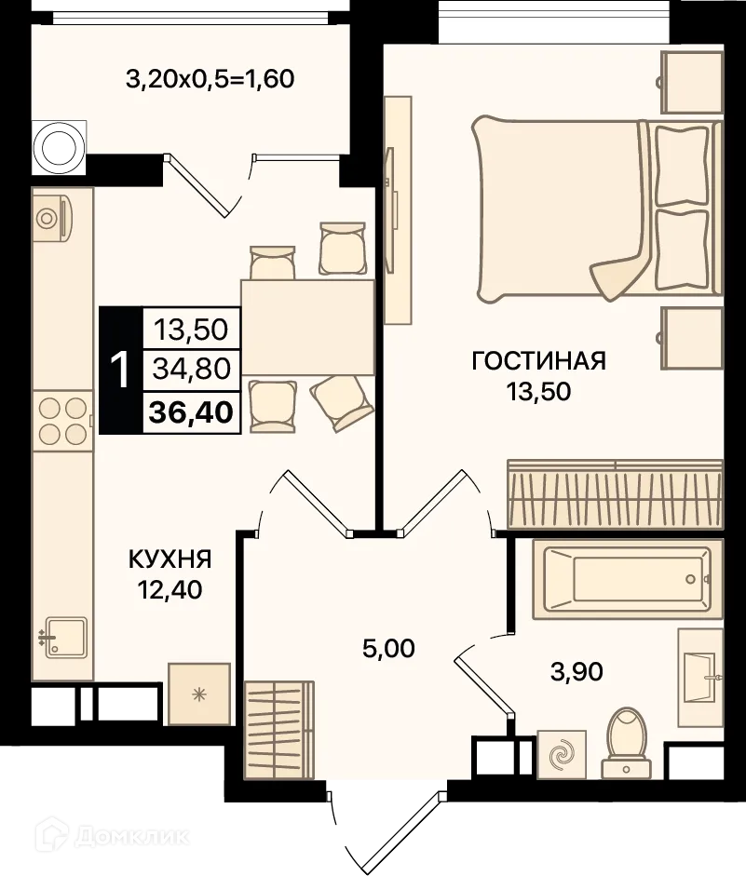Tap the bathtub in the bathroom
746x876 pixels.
coord(628,579)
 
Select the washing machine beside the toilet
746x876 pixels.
coord(562,754)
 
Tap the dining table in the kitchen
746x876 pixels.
coord(307,325)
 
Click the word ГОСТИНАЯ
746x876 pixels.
coord(538,361)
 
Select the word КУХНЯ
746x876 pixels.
coord(170,559)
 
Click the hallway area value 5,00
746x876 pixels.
coord(388,648)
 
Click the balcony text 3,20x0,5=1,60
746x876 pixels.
coord(210,79)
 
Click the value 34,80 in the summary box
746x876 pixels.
coord(192,371)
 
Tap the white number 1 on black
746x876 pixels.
coord(120,371)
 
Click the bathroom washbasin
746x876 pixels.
coord(699,672)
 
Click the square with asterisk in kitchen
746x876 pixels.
coord(198,694)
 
